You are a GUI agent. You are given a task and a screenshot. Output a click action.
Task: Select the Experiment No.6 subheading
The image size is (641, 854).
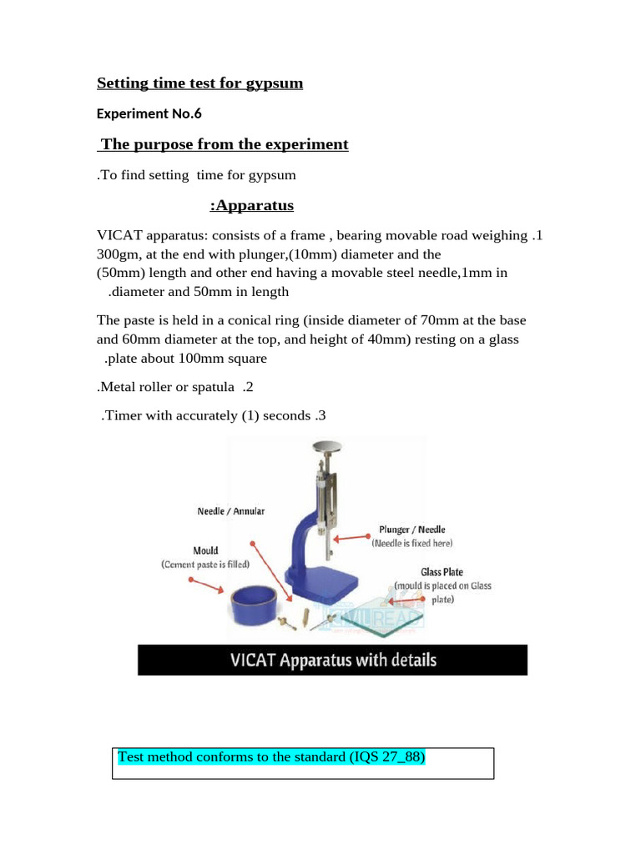pos(149,113)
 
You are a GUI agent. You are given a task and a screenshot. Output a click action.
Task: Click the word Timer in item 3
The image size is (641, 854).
pos(122,416)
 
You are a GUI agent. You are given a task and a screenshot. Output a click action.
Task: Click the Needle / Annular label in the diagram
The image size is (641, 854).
pos(230,511)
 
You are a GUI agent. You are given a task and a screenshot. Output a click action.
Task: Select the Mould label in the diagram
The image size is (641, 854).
pos(205,551)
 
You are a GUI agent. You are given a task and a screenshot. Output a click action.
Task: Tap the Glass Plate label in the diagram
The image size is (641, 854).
pos(442,572)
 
